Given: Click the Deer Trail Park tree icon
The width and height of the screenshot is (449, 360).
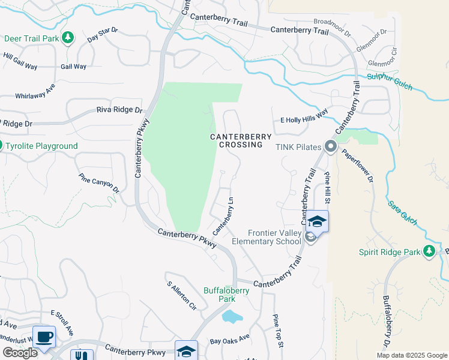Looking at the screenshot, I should click(x=68, y=38).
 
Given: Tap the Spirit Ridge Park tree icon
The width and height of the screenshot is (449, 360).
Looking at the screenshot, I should click(x=429, y=251).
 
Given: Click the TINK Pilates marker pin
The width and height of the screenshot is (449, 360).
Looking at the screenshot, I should click(x=330, y=146).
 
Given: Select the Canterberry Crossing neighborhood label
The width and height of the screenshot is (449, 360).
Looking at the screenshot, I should click(x=237, y=140).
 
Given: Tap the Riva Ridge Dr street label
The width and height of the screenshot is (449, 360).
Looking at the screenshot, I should click(x=120, y=110).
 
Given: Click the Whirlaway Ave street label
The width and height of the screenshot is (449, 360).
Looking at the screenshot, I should click(x=35, y=91).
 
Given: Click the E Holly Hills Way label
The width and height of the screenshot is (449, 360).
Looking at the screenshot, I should click(x=304, y=120).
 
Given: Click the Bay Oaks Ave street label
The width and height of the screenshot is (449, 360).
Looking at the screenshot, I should click(x=229, y=340).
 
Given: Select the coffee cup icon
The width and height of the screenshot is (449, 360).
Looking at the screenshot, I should click(x=44, y=337).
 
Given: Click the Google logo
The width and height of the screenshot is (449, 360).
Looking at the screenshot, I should click(x=20, y=352).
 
